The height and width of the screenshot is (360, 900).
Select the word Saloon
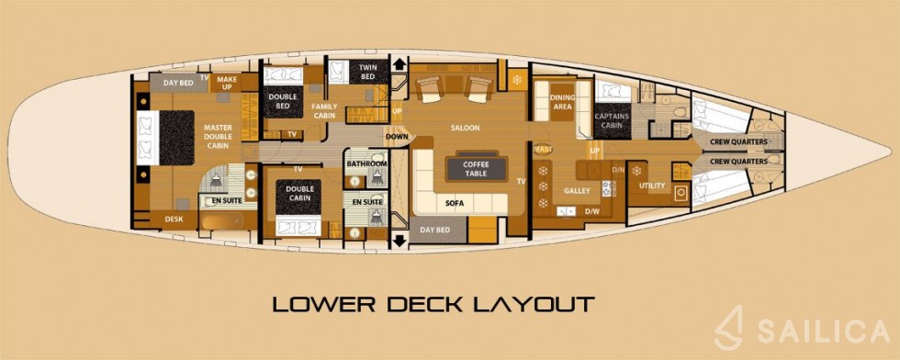point(466,128)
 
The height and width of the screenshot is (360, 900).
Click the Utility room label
point(652,186)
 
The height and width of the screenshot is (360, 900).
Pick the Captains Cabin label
point(611,121)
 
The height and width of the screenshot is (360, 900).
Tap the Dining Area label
point(562,102)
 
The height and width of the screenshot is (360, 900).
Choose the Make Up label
point(228,84)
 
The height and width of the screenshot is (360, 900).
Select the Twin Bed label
point(367,73)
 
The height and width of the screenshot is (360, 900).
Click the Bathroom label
point(366,163)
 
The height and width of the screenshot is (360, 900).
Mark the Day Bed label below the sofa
point(435,231)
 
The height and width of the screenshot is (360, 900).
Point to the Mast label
point(542,149)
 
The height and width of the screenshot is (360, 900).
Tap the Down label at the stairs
point(397,137)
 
